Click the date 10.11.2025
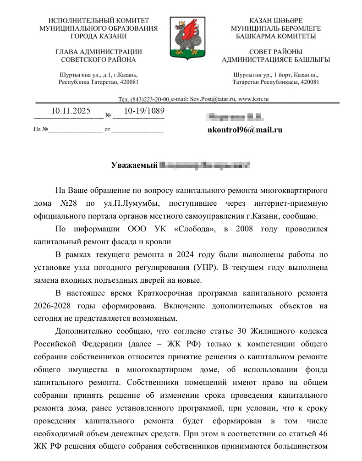point(71,111)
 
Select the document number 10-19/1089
point(144,111)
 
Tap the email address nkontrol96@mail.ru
point(245,130)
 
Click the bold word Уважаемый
point(134,165)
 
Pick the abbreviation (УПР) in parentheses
point(201,268)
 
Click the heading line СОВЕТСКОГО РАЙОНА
point(98,60)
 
